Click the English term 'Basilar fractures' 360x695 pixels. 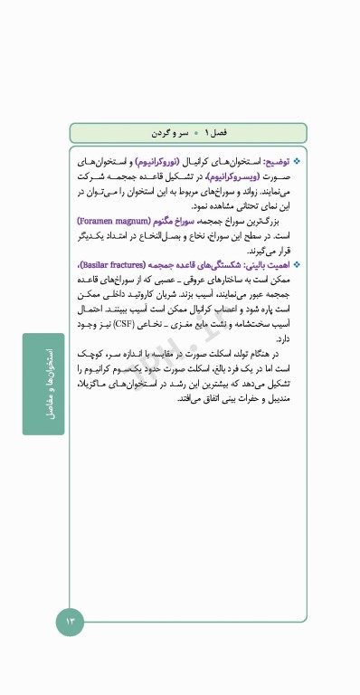[x=112, y=264]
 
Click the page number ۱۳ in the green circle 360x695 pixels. [x=71, y=621]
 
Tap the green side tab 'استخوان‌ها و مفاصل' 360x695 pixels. [x=44, y=385]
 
